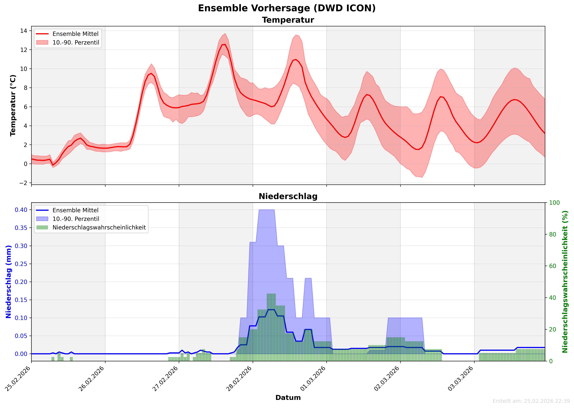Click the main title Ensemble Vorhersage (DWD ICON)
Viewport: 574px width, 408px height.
tap(287, 8)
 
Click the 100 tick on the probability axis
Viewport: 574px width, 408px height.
tap(554, 203)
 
